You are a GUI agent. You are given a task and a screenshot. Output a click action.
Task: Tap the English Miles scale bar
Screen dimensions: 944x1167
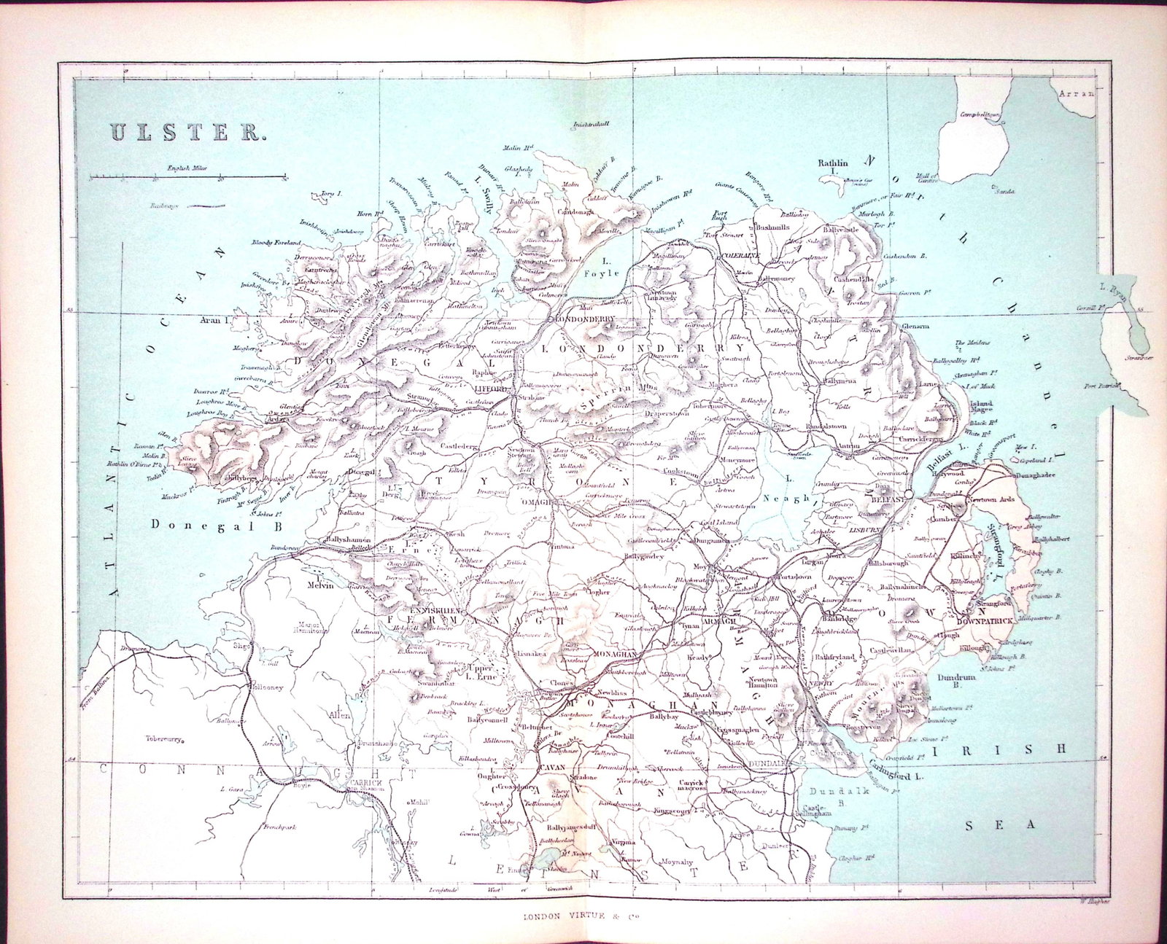187,176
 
